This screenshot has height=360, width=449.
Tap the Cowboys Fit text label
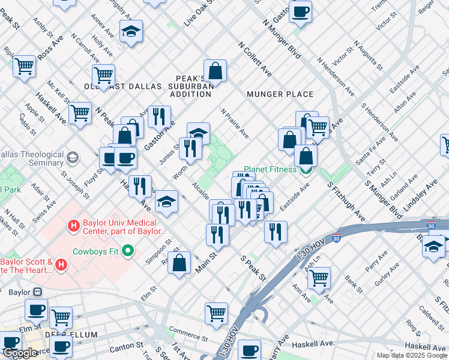click(97, 251)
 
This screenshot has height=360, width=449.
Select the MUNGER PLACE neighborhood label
click(280, 94)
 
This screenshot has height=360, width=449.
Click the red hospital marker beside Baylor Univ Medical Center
click(74, 226)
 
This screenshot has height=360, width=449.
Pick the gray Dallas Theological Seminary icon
click(73, 158)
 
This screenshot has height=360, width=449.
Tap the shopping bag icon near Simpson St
click(179, 262)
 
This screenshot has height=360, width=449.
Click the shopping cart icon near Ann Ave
click(319, 277)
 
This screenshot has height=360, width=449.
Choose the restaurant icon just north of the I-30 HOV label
click(276, 232)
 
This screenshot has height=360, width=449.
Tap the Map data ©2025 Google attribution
click(411, 355)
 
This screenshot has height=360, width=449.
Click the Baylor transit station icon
click(37, 292)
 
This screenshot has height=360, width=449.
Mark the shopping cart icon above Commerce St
click(216, 312)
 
